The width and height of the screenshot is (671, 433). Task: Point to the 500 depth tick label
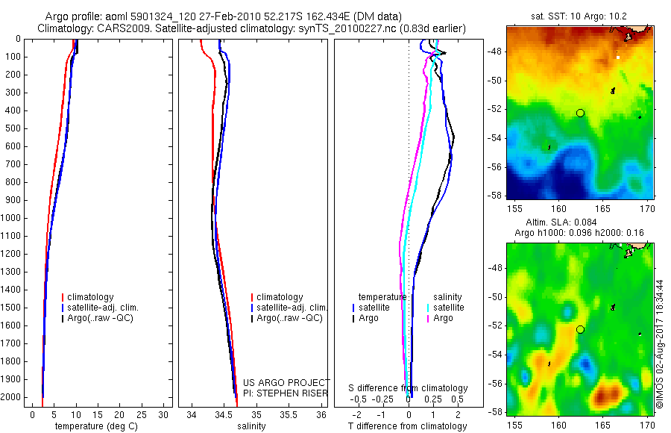coord(12,128)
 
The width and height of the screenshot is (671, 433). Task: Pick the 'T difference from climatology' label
coord(408,426)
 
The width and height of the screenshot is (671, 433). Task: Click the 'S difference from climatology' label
coord(408,388)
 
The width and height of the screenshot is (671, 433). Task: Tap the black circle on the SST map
coord(580,113)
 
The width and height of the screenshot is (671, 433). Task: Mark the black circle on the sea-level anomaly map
coord(580,329)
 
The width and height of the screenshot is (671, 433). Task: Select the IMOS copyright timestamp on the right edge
coord(660,344)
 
